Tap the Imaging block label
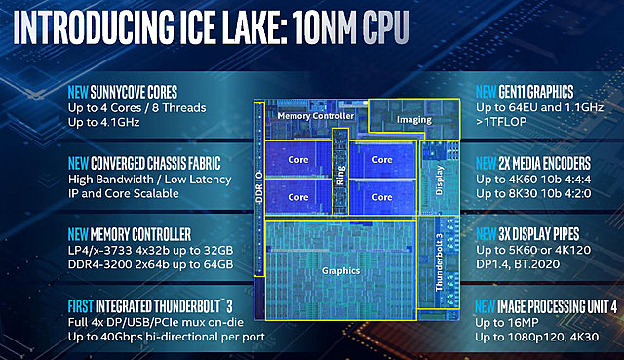click(413, 120)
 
